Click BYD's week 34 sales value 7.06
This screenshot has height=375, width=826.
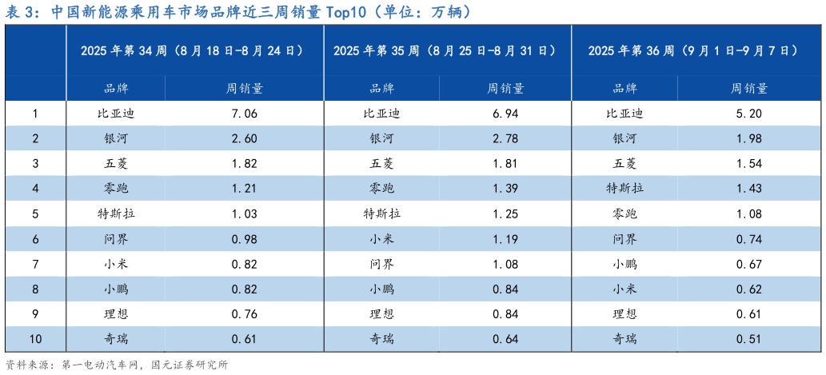pos(243,114)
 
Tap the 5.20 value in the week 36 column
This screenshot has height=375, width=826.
pos(748,114)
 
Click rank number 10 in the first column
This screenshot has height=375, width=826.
pos(34,339)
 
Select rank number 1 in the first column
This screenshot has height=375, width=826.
pos(34,114)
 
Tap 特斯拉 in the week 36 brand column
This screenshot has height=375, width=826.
pos(624,189)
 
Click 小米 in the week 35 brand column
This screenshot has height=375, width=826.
pos(381,238)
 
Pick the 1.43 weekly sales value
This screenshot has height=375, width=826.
pos(748,189)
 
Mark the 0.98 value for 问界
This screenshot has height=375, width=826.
pos(243,238)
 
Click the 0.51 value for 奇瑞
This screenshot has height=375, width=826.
pos(748,339)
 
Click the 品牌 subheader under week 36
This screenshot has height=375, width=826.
pos(624,88)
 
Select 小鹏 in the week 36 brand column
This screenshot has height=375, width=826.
pos(624,264)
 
